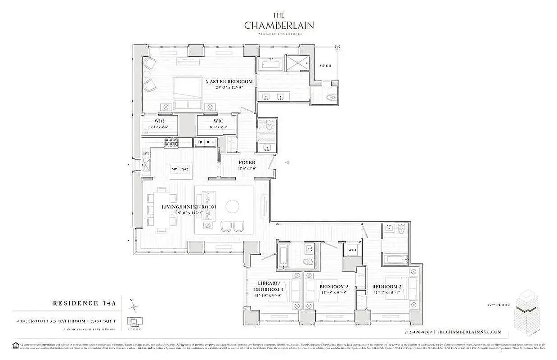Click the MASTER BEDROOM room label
[229, 82]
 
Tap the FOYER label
[247, 162]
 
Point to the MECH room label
[325, 66]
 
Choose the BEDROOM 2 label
[387, 287]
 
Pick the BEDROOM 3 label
[334, 287]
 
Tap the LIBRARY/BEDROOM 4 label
[269, 286]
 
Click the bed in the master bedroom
[188, 94]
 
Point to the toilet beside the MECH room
[332, 96]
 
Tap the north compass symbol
[134, 308]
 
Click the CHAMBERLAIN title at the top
[278, 25]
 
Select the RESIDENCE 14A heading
[85, 304]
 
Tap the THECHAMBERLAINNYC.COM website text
[469, 332]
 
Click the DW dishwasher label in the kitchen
[146, 154]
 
